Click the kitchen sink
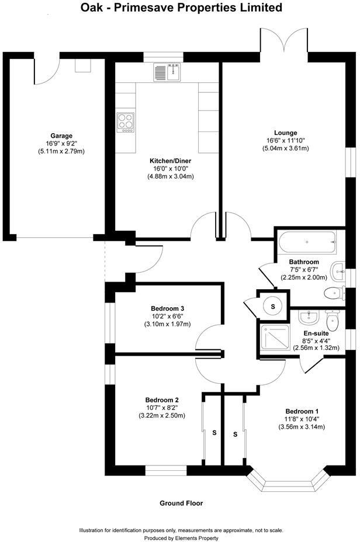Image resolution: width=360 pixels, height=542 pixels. pos(167,72)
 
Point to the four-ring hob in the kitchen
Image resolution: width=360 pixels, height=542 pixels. pos(126,121)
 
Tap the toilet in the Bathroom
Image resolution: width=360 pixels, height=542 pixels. pos(333,292)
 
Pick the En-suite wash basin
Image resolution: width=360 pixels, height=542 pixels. pos(307,317)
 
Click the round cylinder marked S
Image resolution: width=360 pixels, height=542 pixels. pos(272,304)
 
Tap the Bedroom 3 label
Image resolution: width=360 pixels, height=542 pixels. pos(168,308)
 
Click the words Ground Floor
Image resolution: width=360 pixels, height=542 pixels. pos(181,503)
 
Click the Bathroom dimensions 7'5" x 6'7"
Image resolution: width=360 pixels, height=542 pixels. pos(304,270)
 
